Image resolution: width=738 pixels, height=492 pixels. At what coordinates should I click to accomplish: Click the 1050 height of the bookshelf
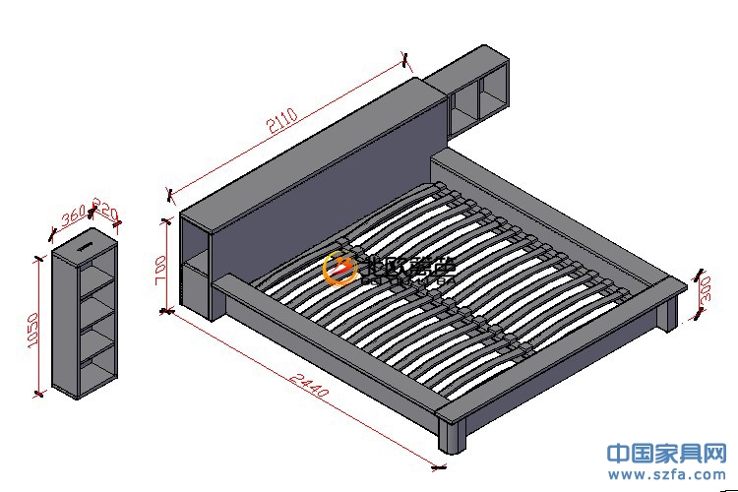(33, 330)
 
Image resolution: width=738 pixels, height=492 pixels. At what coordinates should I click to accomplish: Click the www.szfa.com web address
(668, 475)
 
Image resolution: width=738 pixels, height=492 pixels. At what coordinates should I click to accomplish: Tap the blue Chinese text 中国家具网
(667, 454)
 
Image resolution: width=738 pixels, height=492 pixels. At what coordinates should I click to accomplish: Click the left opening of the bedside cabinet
(461, 110)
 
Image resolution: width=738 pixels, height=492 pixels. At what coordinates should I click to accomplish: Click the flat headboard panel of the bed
(325, 187)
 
